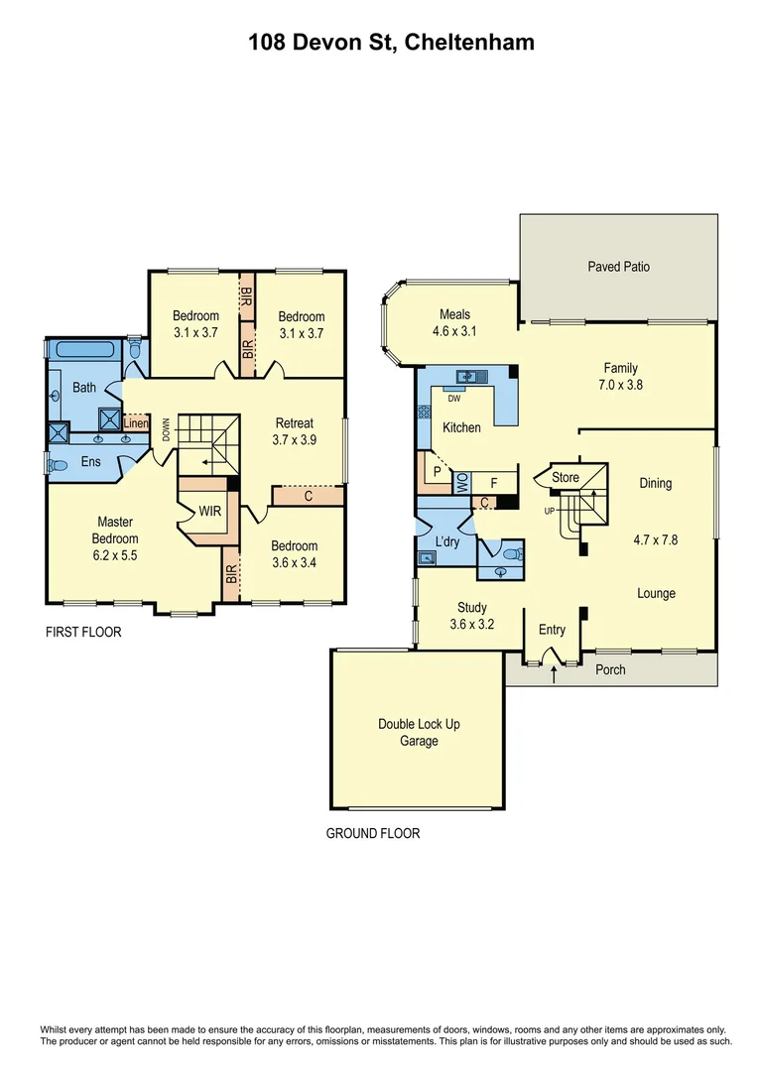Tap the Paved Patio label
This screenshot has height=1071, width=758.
pyautogui.click(x=619, y=267)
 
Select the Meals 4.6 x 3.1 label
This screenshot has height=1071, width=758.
pyautogui.click(x=454, y=323)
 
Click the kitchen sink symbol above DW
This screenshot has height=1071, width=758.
pyautogui.click(x=466, y=377)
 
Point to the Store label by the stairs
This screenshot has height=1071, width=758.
pyautogui.click(x=566, y=478)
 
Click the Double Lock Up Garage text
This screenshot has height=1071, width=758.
pyautogui.click(x=419, y=733)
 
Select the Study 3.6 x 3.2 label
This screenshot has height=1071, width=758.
pyautogui.click(x=472, y=616)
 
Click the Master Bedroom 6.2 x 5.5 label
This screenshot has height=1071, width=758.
pyautogui.click(x=115, y=538)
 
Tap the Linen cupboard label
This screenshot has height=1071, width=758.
pyautogui.click(x=136, y=423)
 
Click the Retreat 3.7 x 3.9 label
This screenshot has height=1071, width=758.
pyautogui.click(x=295, y=431)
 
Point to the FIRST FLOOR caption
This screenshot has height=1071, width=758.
pyautogui.click(x=83, y=632)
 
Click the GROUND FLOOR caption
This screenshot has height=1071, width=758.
pyautogui.click(x=373, y=833)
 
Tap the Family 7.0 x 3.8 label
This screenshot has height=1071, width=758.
pyautogui.click(x=622, y=376)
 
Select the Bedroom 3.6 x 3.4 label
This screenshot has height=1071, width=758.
pyautogui.click(x=295, y=553)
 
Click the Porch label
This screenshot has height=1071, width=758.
pyautogui.click(x=610, y=669)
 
